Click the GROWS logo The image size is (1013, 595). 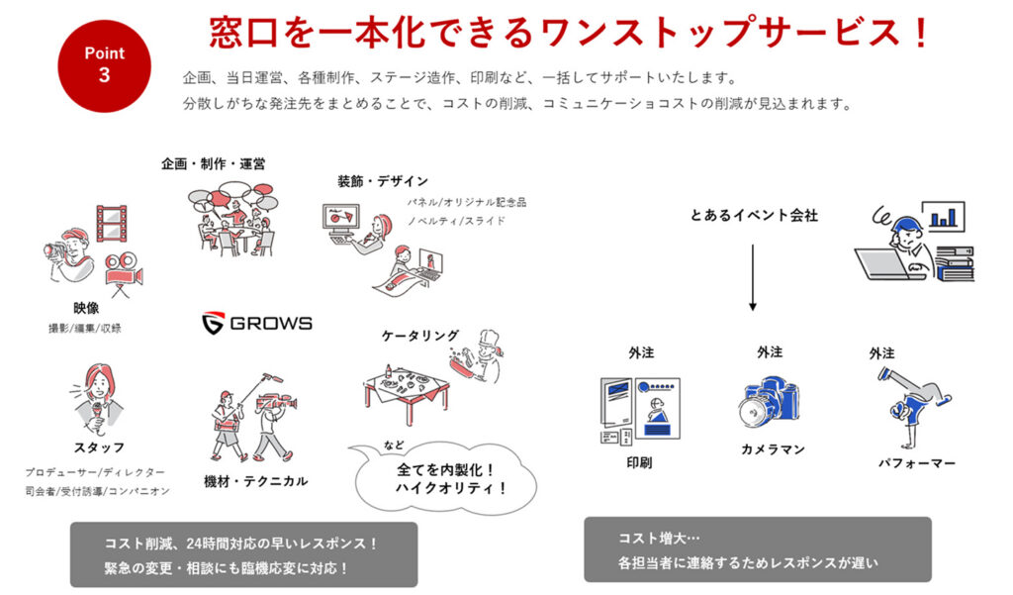[256, 323]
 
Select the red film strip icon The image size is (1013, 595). [111, 223]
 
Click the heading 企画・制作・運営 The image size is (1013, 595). [213, 163]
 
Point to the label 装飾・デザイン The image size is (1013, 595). [382, 181]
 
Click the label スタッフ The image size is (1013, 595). [98, 447]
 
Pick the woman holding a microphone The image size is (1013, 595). [97, 395]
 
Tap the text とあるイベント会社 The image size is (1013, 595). [754, 215]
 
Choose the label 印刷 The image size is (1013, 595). [639, 462]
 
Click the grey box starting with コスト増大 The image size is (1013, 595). [757, 549]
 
